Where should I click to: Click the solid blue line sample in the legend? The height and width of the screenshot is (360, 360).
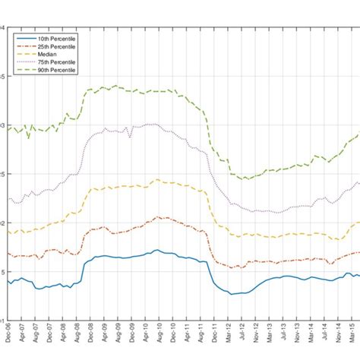point(24,37)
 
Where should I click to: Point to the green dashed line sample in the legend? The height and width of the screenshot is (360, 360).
point(24,71)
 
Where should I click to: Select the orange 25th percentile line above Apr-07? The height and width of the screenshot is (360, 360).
point(22,253)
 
